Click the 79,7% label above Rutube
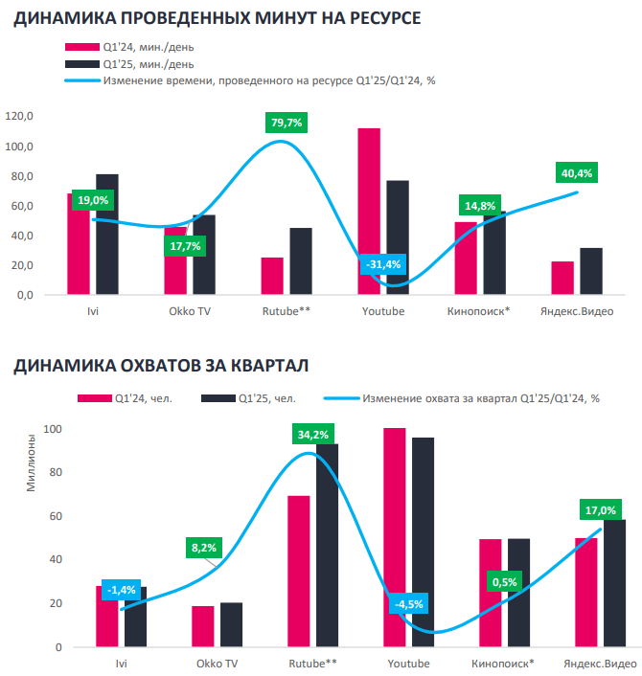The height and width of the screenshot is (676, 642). pyautogui.click(x=287, y=123)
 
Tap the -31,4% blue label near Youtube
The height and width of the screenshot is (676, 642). pyautogui.click(x=383, y=264)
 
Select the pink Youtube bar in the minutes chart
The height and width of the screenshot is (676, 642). pyautogui.click(x=369, y=212)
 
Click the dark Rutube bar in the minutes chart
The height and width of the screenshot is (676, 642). pyautogui.click(x=301, y=261)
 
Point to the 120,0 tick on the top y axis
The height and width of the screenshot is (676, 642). pyautogui.click(x=19, y=116)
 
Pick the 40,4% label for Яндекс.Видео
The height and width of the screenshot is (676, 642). pyautogui.click(x=577, y=173)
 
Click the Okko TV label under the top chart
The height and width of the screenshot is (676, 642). pyautogui.click(x=190, y=311)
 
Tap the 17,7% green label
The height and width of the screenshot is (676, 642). pyautogui.click(x=185, y=246)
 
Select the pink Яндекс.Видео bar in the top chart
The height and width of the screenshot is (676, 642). pyautogui.click(x=562, y=278)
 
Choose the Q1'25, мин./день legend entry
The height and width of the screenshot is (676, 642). pyautogui.click(x=129, y=64)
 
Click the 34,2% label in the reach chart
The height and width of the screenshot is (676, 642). pyautogui.click(x=312, y=435)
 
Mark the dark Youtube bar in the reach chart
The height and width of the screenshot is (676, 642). pyautogui.click(x=423, y=542)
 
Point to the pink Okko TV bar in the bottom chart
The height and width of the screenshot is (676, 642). pyautogui.click(x=203, y=626)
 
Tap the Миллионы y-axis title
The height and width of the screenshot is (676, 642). pyautogui.click(x=31, y=462)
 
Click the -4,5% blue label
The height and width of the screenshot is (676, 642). pyautogui.click(x=408, y=604)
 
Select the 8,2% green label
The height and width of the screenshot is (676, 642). pyautogui.click(x=204, y=548)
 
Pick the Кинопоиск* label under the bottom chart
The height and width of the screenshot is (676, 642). pyautogui.click(x=503, y=663)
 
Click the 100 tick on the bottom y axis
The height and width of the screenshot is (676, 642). pyautogui.click(x=53, y=429)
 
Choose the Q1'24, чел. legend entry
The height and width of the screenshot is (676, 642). pyautogui.click(x=126, y=398)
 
